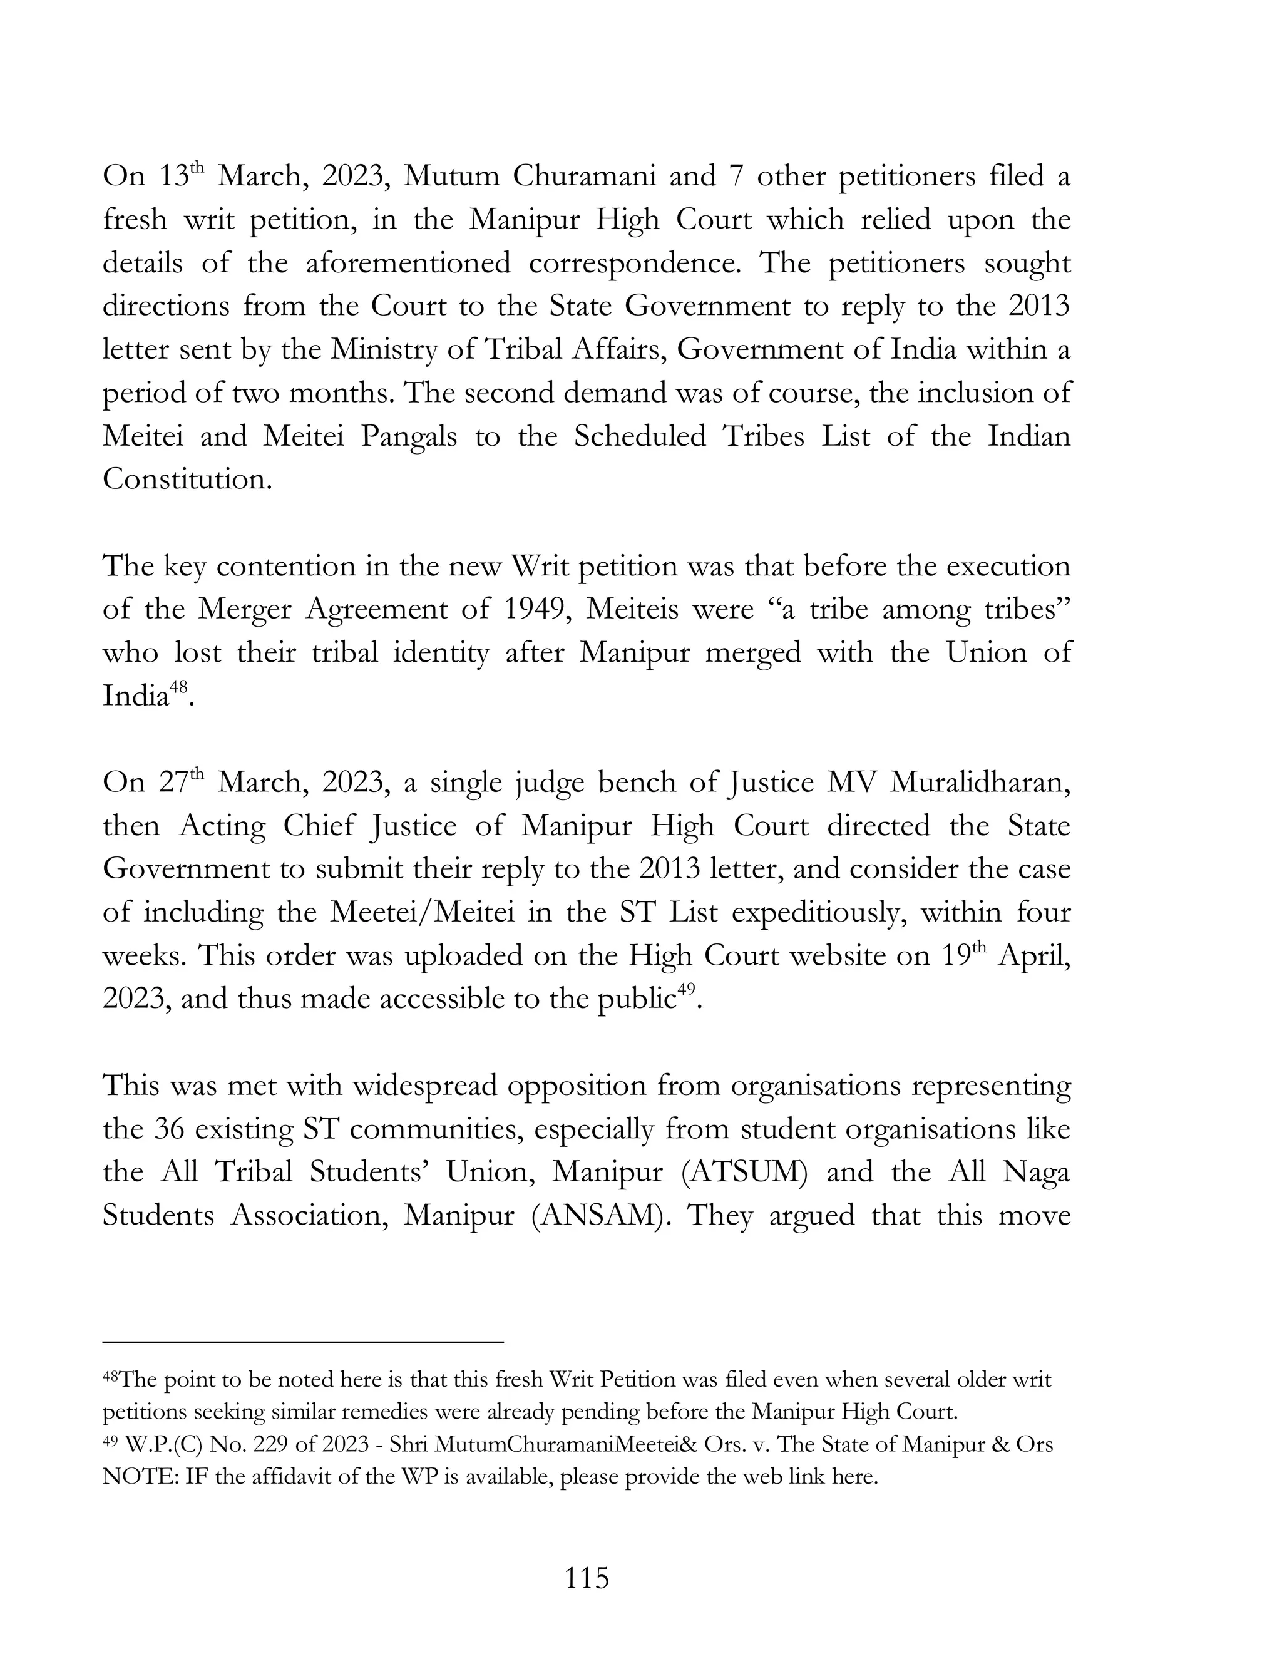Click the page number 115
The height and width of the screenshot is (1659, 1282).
click(x=587, y=1578)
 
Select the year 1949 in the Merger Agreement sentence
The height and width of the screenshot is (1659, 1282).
click(x=535, y=609)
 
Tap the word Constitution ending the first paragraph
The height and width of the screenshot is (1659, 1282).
click(x=186, y=480)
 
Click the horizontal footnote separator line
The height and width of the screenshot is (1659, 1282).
click(x=303, y=1342)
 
